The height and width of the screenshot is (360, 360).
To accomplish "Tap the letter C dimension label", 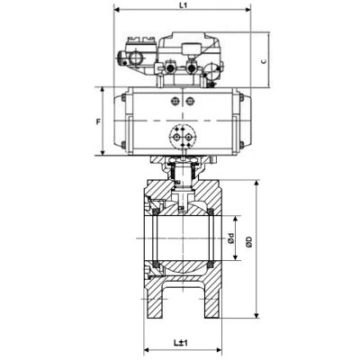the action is tap(263, 61).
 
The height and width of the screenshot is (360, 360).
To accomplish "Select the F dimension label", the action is tap(98, 121).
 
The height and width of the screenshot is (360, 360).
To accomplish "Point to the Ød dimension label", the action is tap(230, 238).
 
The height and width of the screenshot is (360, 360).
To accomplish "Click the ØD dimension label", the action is tap(249, 242).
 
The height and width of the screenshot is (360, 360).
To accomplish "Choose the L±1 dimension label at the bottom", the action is tap(181, 343).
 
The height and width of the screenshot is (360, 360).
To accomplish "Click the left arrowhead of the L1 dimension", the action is tap(116, 10).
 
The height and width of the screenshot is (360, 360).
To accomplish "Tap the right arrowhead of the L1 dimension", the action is tap(247, 10).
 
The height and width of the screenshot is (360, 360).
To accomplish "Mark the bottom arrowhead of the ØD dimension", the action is tap(256, 315).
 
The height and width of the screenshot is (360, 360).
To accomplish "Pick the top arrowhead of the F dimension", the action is tap(103, 90).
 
